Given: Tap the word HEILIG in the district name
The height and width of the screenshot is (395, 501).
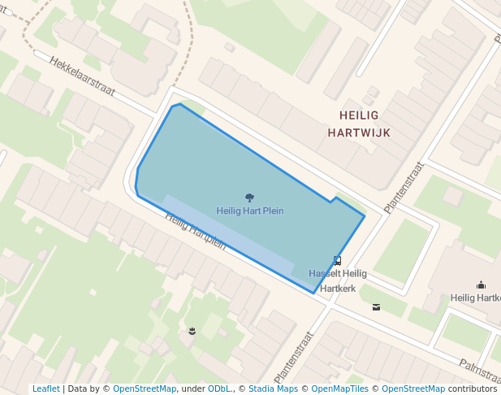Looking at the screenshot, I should pyautogui.click(x=359, y=115).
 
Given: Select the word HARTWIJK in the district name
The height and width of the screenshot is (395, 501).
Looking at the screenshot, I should pyautogui.click(x=359, y=132).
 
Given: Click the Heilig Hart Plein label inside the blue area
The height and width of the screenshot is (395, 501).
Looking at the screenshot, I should pyautogui.click(x=250, y=211).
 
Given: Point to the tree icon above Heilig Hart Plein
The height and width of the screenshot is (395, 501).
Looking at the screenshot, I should pyautogui.click(x=249, y=197).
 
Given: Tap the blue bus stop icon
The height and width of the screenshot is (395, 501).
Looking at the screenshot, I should pyautogui.click(x=337, y=262).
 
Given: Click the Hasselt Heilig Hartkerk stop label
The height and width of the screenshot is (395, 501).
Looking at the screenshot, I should pyautogui.click(x=338, y=280).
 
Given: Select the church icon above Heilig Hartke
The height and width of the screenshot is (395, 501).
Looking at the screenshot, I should pyautogui.click(x=481, y=285).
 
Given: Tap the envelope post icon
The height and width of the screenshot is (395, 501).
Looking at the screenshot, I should pyautogui.click(x=376, y=306).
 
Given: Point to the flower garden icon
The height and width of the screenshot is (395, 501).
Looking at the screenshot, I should pyautogui.click(x=192, y=330).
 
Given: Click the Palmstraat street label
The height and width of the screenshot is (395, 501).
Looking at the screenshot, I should pyautogui.click(x=479, y=372).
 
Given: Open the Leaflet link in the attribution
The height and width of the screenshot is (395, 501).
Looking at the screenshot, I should pyautogui.click(x=45, y=388).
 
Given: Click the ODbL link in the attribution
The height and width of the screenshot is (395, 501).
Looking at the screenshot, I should pyautogui.click(x=219, y=388).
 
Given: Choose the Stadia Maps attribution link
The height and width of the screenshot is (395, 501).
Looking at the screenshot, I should pyautogui.click(x=272, y=388).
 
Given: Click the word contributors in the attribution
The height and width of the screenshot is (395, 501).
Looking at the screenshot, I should pyautogui.click(x=472, y=388).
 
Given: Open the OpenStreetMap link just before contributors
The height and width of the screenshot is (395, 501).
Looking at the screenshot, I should pyautogui.click(x=413, y=388).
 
